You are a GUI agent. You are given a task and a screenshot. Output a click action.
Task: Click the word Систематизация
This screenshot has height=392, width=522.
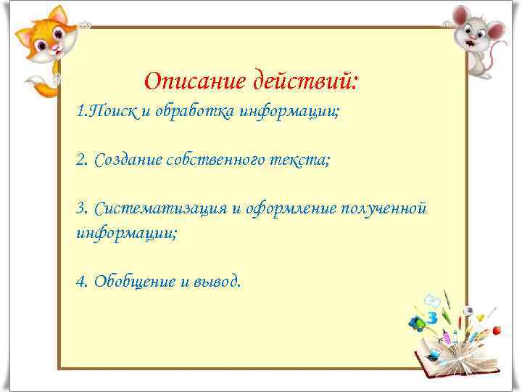pyautogui.click(x=161, y=209)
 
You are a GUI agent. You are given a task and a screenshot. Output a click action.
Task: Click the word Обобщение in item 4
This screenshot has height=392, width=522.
pyautogui.click(x=129, y=281)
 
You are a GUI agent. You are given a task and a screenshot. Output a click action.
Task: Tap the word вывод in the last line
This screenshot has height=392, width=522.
pyautogui.click(x=215, y=281)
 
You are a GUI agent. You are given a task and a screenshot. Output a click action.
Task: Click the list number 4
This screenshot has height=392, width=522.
pyautogui.click(x=80, y=281)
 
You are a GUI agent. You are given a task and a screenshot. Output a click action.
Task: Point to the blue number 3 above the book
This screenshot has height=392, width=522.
pyautogui.click(x=433, y=317)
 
